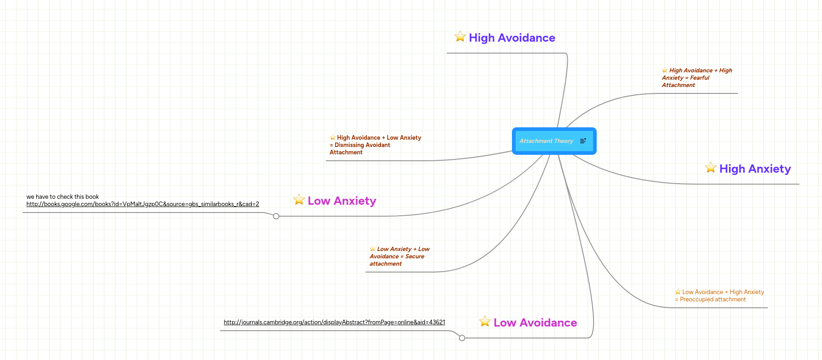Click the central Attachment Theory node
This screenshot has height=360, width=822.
tap(546, 141)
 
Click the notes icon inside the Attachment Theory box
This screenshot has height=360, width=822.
tap(583, 141)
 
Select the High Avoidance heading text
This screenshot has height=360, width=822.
tap(512, 38)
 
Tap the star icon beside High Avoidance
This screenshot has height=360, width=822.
tap(460, 37)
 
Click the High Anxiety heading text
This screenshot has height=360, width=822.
tap(755, 169)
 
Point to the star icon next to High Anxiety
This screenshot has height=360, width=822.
tap(711, 168)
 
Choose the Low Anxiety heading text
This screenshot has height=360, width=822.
tap(342, 201)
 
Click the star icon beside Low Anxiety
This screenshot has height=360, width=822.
tap(299, 200)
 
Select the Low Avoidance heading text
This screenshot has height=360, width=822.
tap(535, 323)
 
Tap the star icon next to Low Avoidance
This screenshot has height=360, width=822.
tap(485, 322)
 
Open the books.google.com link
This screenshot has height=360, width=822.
tap(142, 204)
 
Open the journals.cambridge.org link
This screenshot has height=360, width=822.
tap(334, 322)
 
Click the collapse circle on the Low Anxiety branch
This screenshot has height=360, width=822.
tap(276, 216)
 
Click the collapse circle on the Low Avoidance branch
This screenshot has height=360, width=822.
tap(462, 338)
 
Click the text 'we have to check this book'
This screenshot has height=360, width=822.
tap(63, 197)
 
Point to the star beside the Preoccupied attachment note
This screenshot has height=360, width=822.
tap(678, 292)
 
